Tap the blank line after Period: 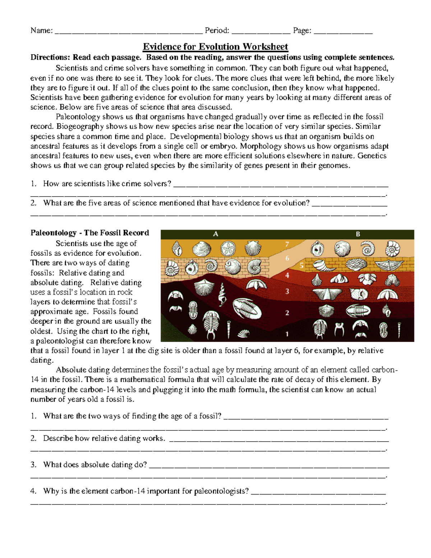pyautogui.click(x=261, y=31)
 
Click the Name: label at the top pyautogui.click(x=42, y=31)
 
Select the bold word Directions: pyautogui.click(x=50, y=57)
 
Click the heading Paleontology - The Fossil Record pyautogui.click(x=90, y=233)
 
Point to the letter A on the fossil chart pyautogui.click(x=215, y=234)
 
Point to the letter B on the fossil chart pyautogui.click(x=358, y=234)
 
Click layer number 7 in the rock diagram pyautogui.click(x=287, y=245)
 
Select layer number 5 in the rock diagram pyautogui.click(x=302, y=266)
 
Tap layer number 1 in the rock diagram pyautogui.click(x=287, y=334)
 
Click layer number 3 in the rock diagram pyautogui.click(x=287, y=291)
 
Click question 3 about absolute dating pyautogui.click(x=95, y=465)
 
